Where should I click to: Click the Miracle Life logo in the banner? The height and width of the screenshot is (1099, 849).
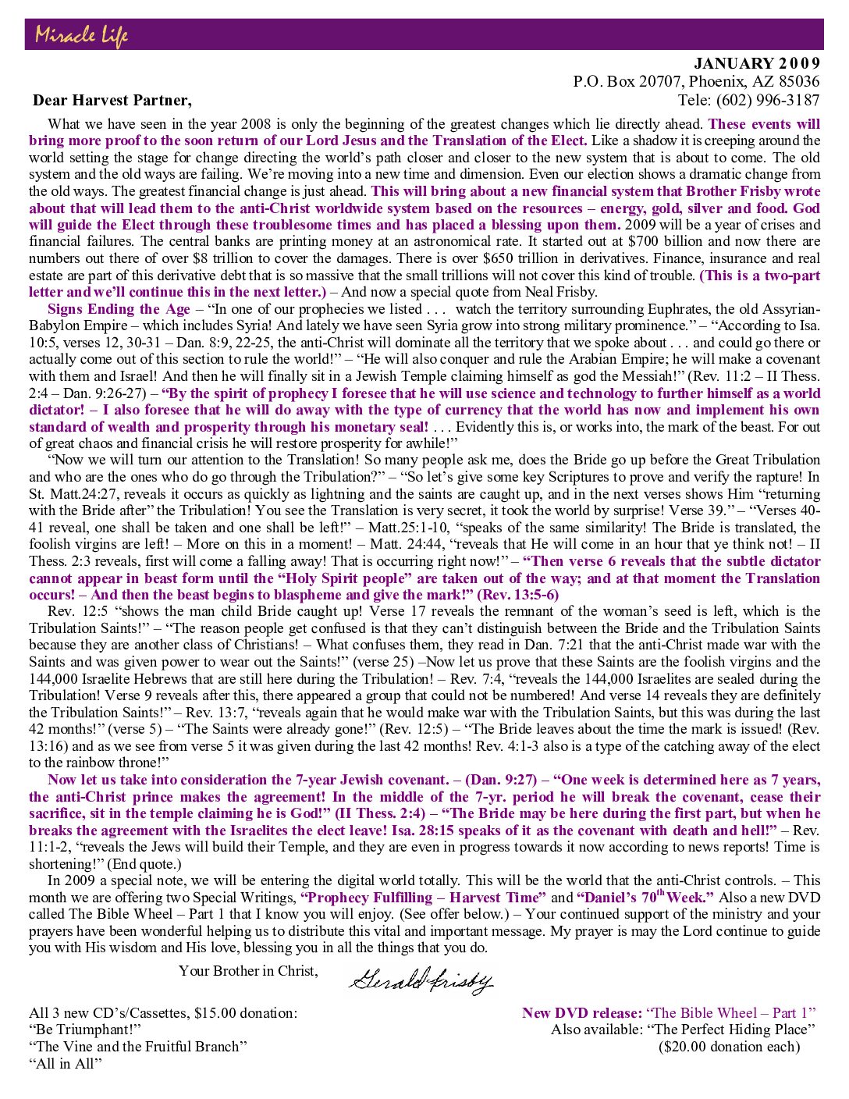coord(81,35)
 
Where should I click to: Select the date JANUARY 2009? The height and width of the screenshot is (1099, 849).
coord(756,64)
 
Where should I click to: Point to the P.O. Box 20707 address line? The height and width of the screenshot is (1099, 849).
coord(696,81)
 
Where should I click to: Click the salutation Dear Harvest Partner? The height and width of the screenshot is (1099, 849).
coord(112,100)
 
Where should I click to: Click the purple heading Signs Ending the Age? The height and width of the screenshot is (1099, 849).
coord(119,309)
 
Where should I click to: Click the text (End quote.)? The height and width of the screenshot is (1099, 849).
coord(144,863)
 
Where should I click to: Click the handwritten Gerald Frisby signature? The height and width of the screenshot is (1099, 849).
coord(421,979)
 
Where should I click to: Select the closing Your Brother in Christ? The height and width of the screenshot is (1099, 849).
coord(248,970)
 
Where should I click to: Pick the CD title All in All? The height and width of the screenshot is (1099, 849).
coord(66,1063)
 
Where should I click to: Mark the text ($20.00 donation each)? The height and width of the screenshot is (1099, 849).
coord(729,1047)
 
